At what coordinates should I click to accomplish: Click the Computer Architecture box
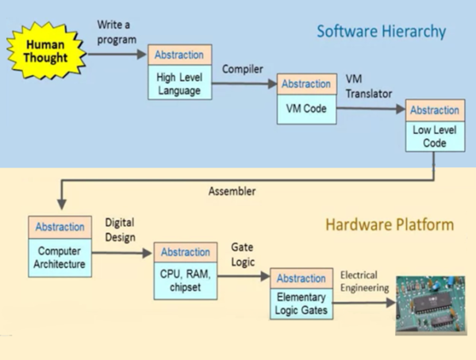point(60,256)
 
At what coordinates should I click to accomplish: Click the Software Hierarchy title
point(381,32)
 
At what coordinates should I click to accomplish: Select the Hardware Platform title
point(390,225)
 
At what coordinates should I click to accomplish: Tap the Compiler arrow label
point(242,69)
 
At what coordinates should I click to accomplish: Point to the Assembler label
point(232,191)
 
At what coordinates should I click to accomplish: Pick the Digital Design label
point(121,230)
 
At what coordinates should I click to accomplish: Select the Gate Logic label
point(243,255)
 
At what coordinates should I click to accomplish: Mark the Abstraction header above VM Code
point(305,84)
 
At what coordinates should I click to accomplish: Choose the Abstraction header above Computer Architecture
point(60,227)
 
